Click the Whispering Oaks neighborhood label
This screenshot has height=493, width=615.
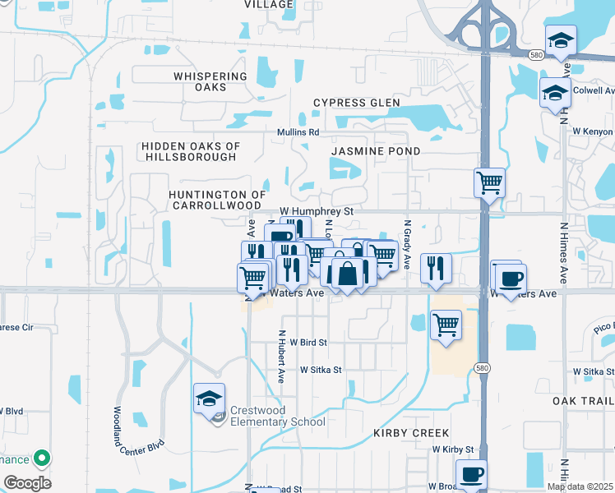pos(210,81)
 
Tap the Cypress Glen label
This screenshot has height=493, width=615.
pos(357,103)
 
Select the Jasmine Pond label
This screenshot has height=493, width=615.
pos(376,151)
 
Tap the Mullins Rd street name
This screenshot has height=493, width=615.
pos(298,132)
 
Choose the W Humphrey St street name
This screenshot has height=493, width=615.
pos(317,211)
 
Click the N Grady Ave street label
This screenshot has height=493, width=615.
pos(406,243)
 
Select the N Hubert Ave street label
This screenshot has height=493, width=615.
pos(281,357)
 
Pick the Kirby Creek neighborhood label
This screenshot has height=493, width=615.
pos(411,432)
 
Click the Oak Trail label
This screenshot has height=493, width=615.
pos(583,400)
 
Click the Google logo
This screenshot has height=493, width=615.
pos(27,483)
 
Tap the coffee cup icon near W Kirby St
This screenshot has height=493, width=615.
pos(472,475)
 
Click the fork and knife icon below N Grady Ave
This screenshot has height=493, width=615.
pos(435,267)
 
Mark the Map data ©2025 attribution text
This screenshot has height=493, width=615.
pos(580,486)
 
